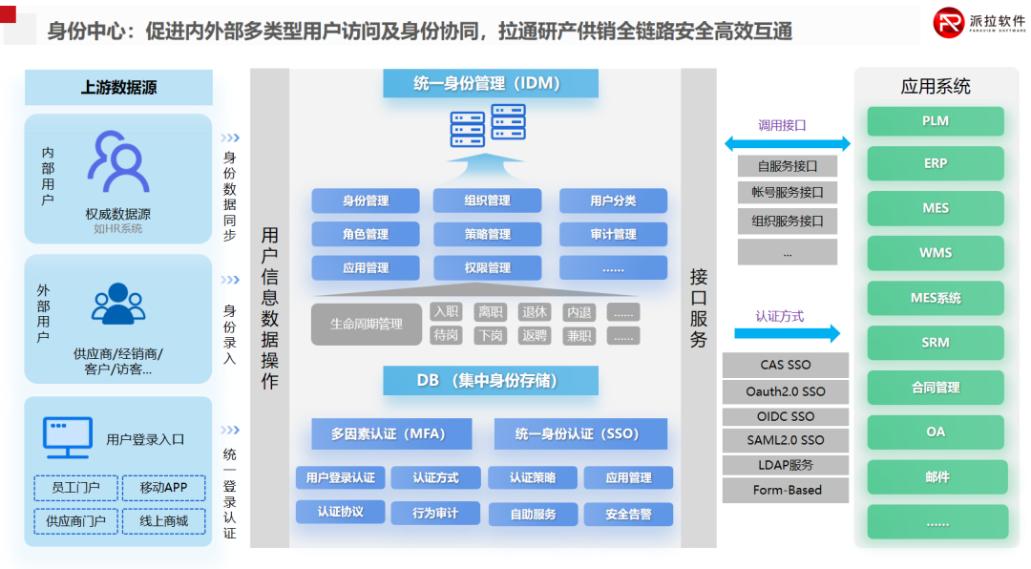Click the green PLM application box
[x=936, y=121]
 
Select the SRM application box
[x=936, y=343]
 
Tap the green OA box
[x=936, y=432]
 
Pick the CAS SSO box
[x=786, y=365]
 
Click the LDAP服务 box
[x=786, y=465]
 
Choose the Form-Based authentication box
[x=786, y=490]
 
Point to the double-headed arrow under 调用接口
[x=786, y=144]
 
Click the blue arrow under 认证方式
[x=787, y=333]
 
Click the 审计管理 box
[x=613, y=234]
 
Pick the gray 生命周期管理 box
[x=366, y=325]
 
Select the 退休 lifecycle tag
[x=535, y=312]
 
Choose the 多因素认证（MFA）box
[x=389, y=433]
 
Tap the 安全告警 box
[x=627, y=515]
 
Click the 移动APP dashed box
[x=163, y=488]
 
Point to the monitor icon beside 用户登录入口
[x=68, y=437]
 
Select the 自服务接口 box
[x=787, y=166]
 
